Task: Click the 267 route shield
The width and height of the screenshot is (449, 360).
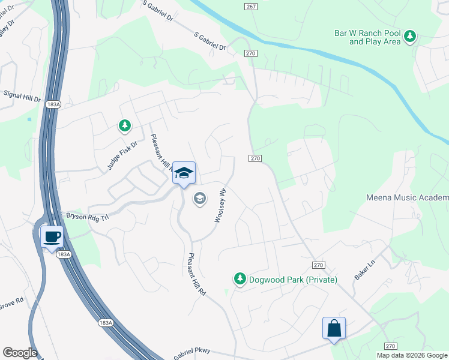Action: click(251, 6)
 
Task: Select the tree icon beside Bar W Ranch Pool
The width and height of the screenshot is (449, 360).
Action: click(410, 37)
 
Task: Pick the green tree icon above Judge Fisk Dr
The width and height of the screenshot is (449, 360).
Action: click(124, 126)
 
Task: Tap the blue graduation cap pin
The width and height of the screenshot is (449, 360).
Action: click(184, 173)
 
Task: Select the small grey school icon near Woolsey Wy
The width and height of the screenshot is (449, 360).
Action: click(199, 198)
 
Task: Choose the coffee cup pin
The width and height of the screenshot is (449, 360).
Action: click(52, 236)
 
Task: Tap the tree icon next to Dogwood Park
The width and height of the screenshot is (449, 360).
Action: click(240, 279)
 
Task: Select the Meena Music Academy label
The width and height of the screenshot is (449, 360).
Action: click(407, 198)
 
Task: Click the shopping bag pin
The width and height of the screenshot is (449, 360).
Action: click(334, 329)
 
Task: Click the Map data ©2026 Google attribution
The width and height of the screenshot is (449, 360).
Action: click(412, 355)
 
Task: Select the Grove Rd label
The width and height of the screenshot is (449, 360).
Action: click(12, 301)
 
